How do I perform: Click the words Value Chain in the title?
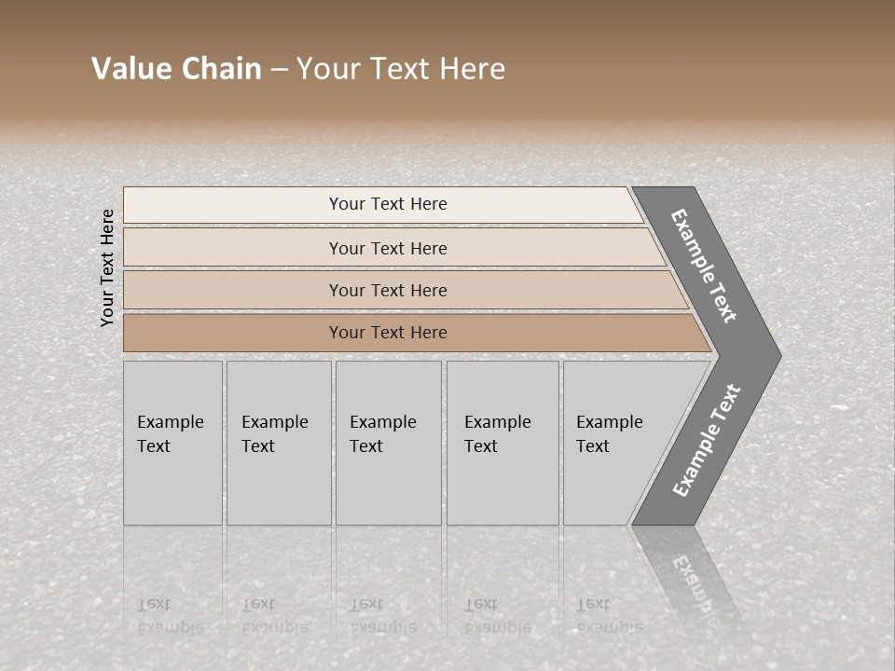tap(176, 69)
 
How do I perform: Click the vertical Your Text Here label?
tap(108, 267)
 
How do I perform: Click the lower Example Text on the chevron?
tap(706, 441)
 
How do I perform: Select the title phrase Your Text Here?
tap(401, 69)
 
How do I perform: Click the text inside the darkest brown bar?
tap(388, 333)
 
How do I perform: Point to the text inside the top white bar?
tap(388, 204)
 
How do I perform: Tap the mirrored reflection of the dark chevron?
tap(691, 578)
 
